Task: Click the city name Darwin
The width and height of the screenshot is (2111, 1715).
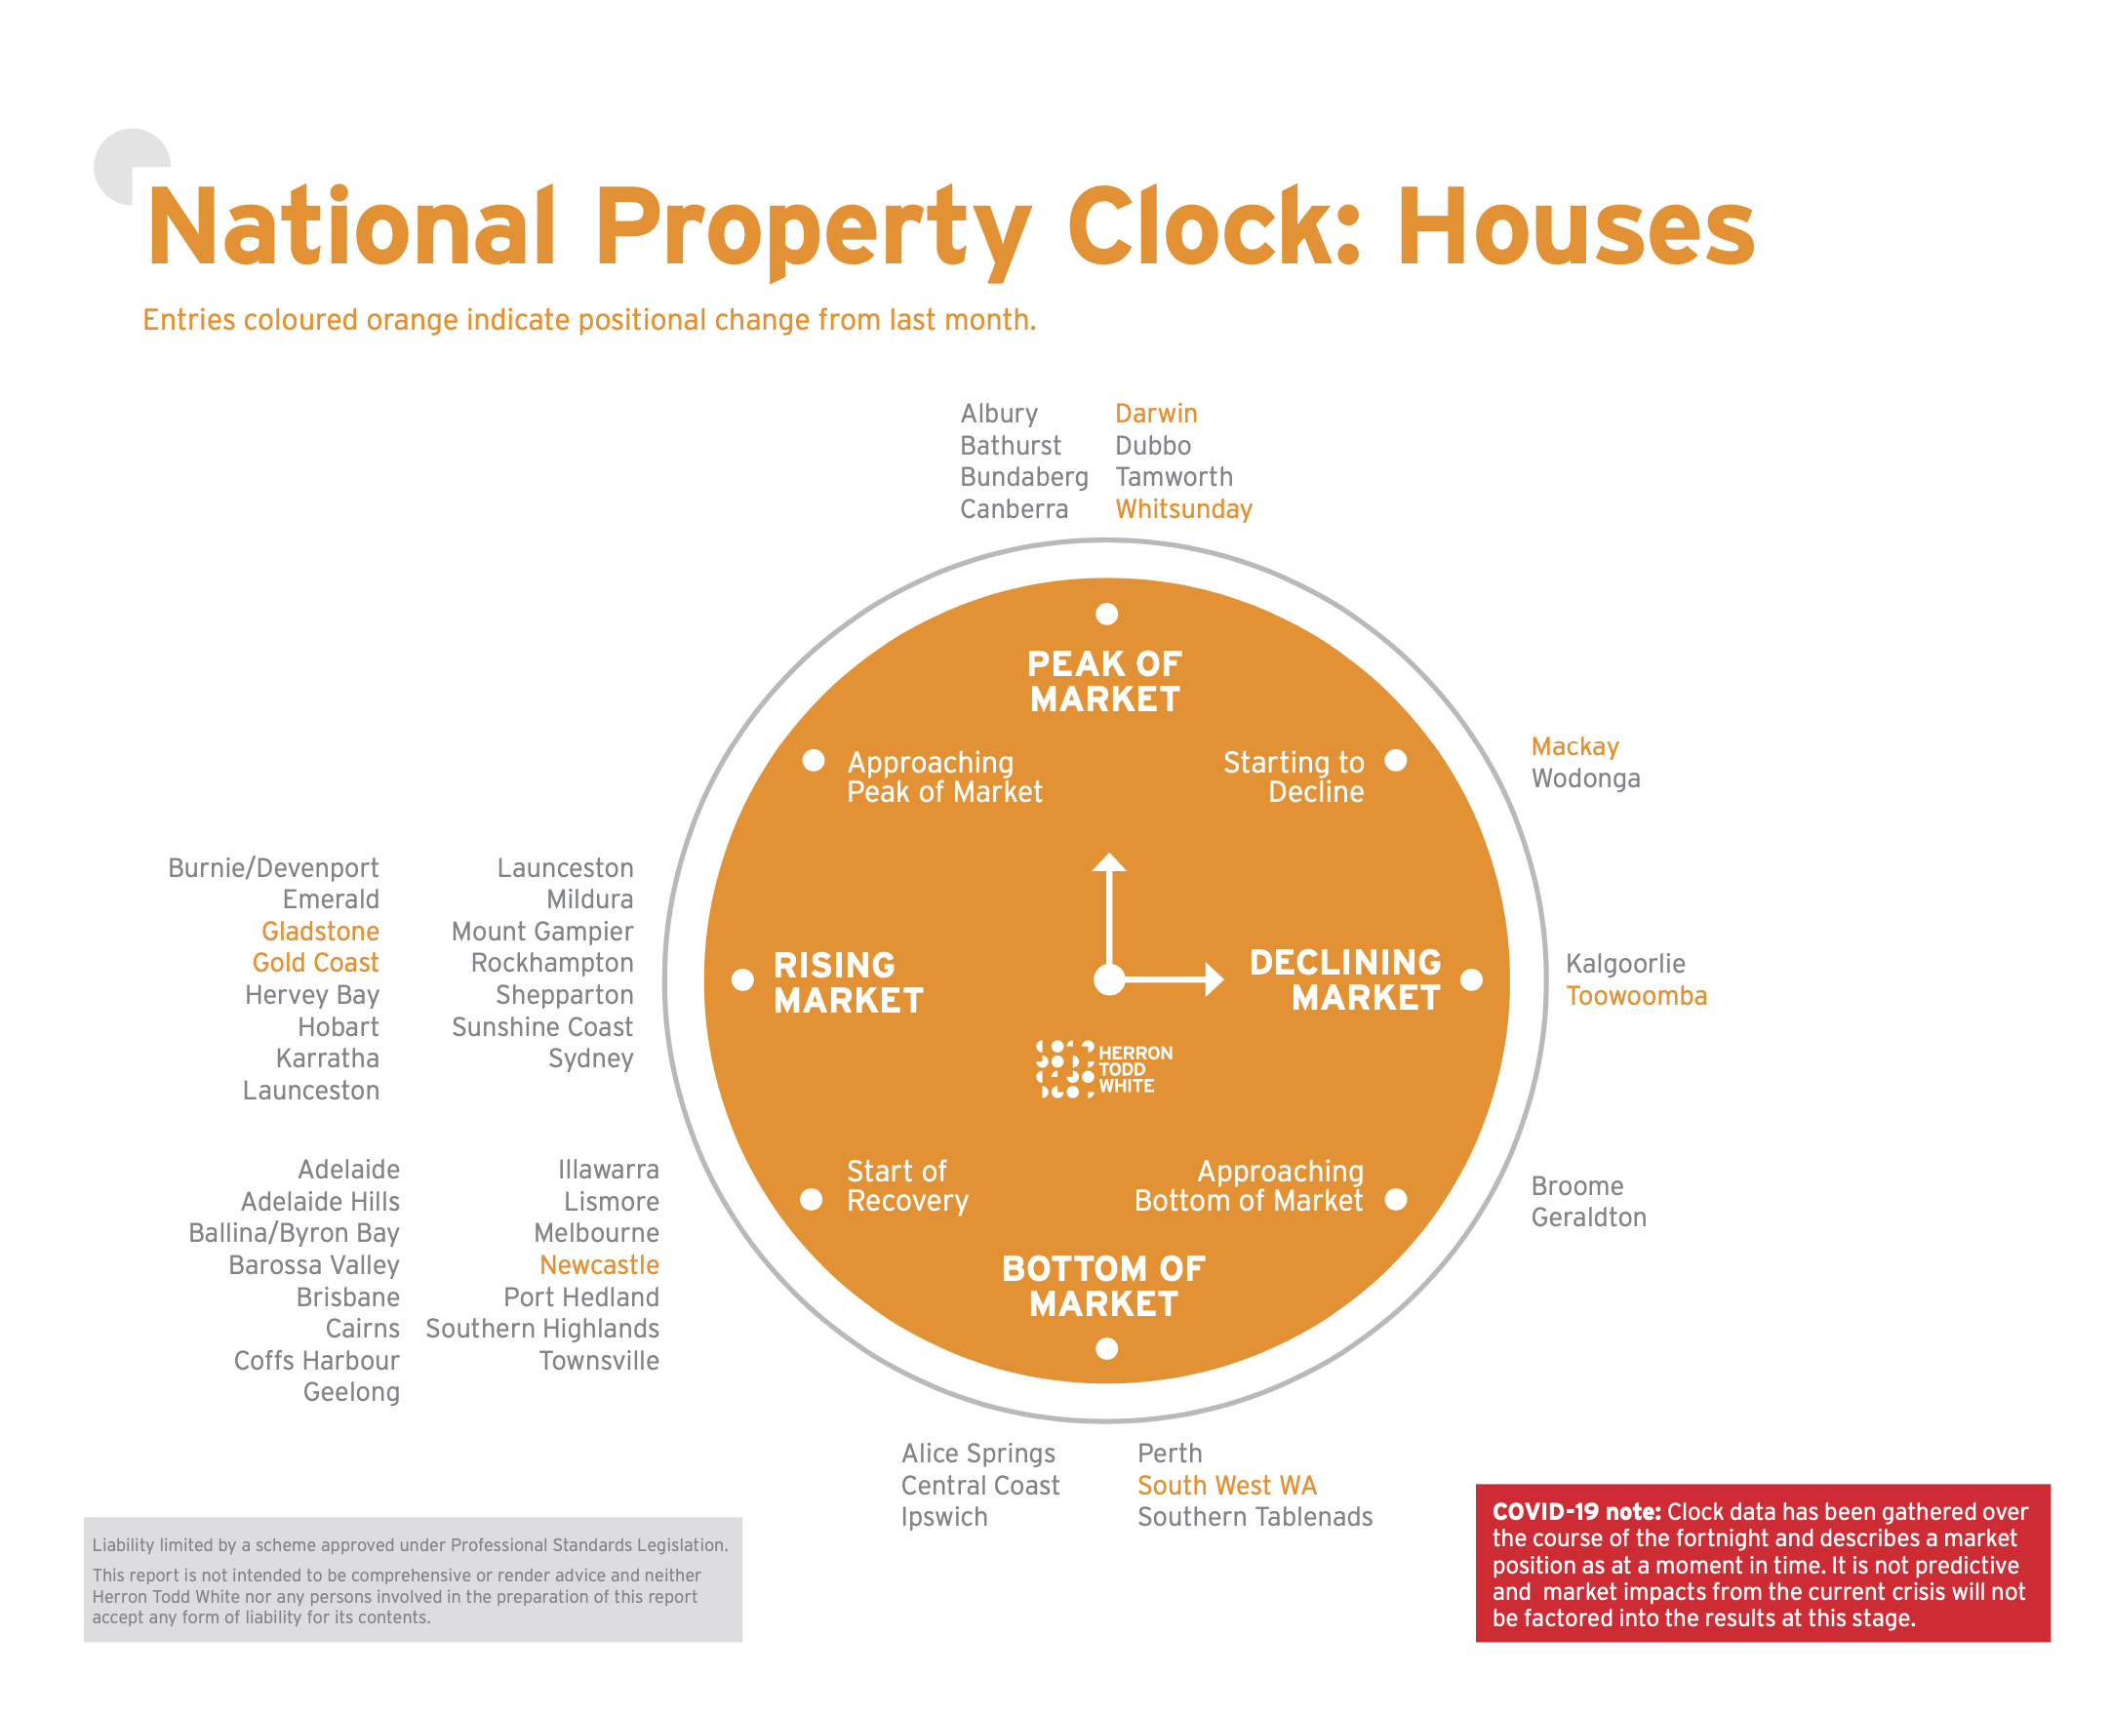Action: click(x=1155, y=413)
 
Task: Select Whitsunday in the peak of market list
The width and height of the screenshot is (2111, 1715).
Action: click(x=1182, y=509)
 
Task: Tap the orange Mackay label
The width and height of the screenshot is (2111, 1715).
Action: click(x=1573, y=747)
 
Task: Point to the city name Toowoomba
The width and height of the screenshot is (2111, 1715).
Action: click(x=1635, y=995)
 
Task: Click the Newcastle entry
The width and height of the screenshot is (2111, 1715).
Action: click(x=599, y=1264)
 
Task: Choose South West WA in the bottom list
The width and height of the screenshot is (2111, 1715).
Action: click(x=1226, y=1485)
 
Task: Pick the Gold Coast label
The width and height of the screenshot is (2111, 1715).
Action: click(x=315, y=962)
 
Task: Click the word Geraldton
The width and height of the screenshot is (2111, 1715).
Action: click(x=1587, y=1217)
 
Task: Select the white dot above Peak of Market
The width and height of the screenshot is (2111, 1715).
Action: click(x=1106, y=615)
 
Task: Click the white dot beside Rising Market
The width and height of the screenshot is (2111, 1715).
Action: click(x=741, y=979)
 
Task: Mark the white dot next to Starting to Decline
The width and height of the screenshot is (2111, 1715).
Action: click(x=1395, y=760)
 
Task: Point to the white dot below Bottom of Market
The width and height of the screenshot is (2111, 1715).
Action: click(x=1106, y=1348)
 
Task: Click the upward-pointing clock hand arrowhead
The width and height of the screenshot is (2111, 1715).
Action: click(x=1108, y=861)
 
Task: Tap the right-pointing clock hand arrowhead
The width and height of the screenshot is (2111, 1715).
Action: click(x=1215, y=979)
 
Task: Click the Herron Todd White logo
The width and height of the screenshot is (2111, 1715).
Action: click(x=1103, y=1069)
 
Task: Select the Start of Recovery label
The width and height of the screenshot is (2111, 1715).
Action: click(x=907, y=1185)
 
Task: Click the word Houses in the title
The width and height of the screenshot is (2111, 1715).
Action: click(x=1574, y=228)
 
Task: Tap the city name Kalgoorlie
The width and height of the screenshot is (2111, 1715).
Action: click(x=1624, y=963)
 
